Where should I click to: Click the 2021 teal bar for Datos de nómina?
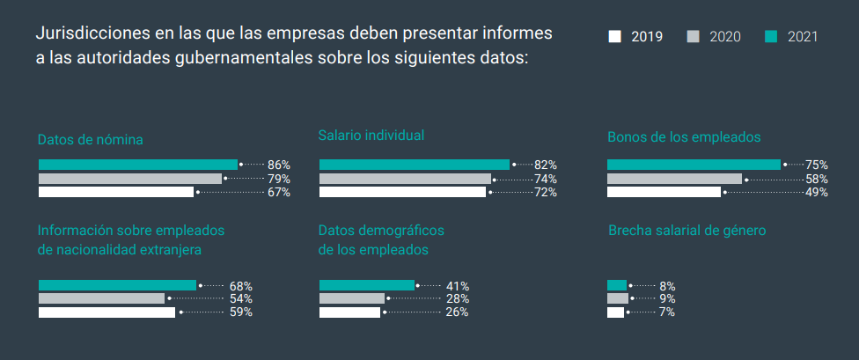coord(138,165)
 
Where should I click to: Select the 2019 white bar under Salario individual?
coord(402,192)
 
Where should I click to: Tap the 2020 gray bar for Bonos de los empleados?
coord(674,179)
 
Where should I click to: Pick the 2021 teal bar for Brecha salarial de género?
coord(617,285)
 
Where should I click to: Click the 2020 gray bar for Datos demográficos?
coord(352,298)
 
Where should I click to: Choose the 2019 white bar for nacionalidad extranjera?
coord(106,312)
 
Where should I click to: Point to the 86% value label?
coord(279,165)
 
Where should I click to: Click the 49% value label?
coord(817,192)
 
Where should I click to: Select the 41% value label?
coord(457,286)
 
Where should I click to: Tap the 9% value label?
coord(667,299)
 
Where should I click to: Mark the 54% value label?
coord(241,299)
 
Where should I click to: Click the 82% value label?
coord(546,165)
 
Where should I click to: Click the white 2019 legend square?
coord(614,36)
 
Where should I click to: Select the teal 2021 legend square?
coord(771,36)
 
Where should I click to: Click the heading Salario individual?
coord(371,136)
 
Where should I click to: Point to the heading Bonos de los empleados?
coord(684,137)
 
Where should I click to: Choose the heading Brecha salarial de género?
coord(686,231)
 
